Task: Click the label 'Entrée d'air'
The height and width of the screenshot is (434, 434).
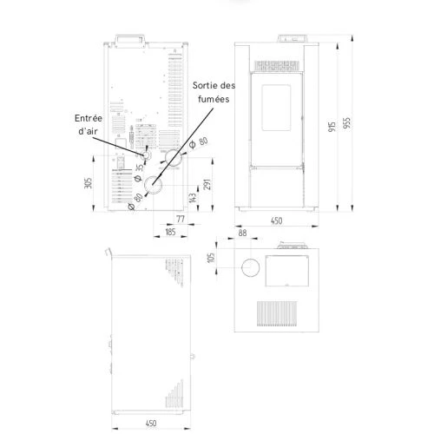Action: click(89, 124)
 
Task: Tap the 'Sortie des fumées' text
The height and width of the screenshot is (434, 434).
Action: click(214, 92)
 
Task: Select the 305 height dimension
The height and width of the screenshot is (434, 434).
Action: click(89, 183)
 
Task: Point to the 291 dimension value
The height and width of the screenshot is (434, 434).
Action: click(207, 185)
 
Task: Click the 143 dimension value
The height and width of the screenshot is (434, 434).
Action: click(193, 198)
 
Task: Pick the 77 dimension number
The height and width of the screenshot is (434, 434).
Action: click(181, 219)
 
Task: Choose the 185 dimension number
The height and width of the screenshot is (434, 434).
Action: click(170, 232)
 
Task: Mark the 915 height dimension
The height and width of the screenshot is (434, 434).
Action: click(332, 127)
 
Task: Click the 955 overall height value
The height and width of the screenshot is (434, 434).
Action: click(346, 123)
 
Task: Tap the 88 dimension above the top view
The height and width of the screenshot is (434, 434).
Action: click(242, 233)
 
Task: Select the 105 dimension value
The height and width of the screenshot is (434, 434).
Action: click(212, 258)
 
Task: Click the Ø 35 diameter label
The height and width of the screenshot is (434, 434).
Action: click(139, 173)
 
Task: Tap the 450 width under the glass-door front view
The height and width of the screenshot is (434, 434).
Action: click(276, 220)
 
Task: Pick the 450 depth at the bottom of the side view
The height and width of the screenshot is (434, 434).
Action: click(151, 424)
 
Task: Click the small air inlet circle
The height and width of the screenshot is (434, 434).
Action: click(146, 155)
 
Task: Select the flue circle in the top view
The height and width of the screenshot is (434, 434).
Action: click(251, 267)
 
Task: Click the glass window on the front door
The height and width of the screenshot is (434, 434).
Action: click(276, 108)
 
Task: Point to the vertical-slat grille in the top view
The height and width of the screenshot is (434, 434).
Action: click(277, 313)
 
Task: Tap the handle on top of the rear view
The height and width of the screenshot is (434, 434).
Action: click(130, 41)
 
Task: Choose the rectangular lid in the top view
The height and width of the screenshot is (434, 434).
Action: click(287, 271)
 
